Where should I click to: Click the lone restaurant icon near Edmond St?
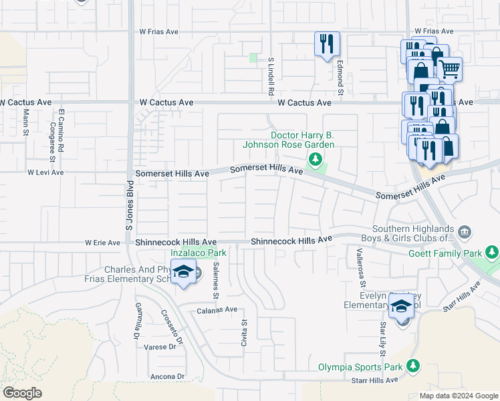(x=327, y=45)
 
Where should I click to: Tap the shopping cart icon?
(x=450, y=68)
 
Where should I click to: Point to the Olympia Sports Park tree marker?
(x=414, y=366)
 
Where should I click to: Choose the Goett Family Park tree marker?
(x=492, y=252)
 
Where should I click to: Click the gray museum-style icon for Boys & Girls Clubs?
(x=465, y=232)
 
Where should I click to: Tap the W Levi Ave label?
(x=45, y=172)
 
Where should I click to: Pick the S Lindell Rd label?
(x=271, y=73)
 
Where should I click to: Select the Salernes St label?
(x=216, y=279)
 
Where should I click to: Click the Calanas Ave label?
(x=217, y=310)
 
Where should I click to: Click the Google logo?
(x=22, y=393)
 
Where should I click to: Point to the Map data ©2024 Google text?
(x=458, y=396)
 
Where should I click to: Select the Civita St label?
(x=244, y=332)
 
